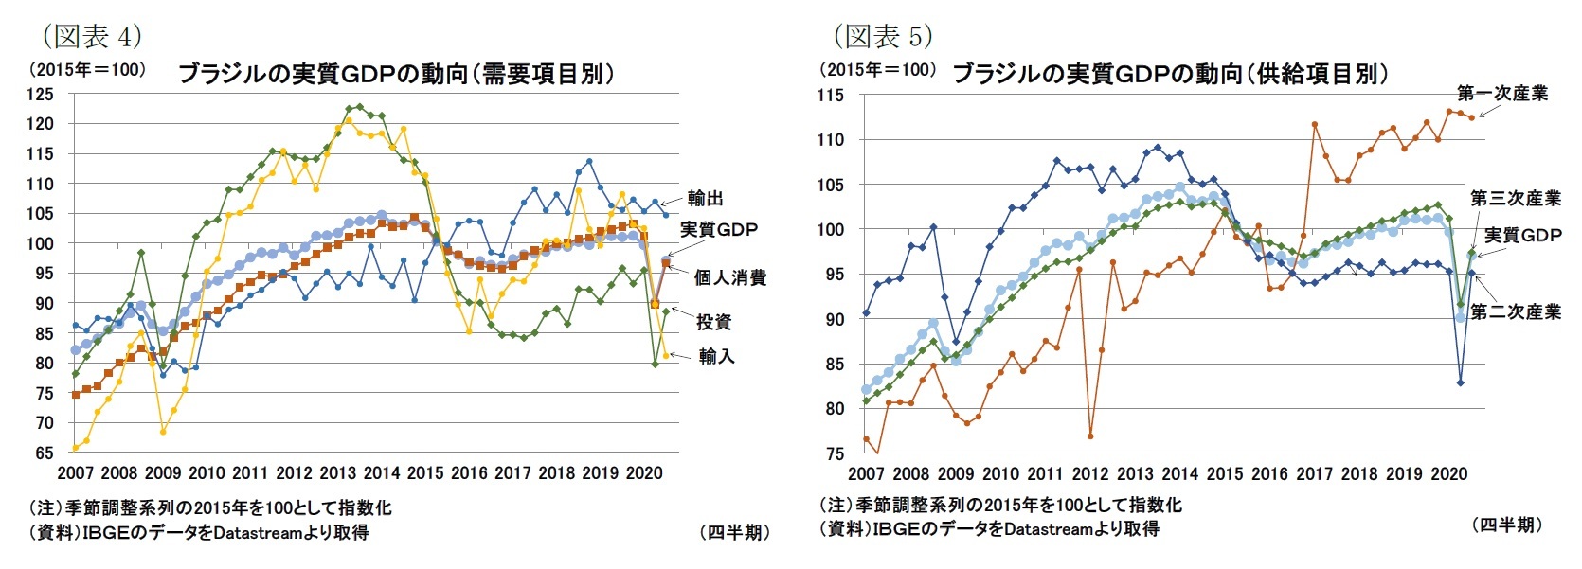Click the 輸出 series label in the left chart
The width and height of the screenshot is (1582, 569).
pos(706,198)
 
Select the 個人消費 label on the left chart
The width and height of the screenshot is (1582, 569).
pos(729,277)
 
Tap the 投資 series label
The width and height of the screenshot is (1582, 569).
pos(713,322)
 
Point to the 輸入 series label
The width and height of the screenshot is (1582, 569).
pos(717,356)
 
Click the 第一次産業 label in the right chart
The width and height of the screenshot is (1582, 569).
pos(1502,93)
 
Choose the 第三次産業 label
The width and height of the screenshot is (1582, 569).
pos(1516,199)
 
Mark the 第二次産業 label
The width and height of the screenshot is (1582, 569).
pos(1516,311)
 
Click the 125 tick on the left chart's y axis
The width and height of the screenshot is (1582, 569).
pos(41,94)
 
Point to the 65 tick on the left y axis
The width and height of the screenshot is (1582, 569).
pos(45,453)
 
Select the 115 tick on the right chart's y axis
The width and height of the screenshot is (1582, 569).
pos(830,95)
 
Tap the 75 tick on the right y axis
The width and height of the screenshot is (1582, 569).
pos(834,453)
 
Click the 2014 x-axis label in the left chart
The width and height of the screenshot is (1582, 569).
pos(382,473)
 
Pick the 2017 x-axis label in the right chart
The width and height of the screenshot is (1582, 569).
pos(1314,474)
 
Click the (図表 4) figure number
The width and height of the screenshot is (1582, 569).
pos(92,36)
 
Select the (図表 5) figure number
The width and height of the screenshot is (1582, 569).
pos(883,36)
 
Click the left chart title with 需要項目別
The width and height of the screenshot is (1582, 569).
pos(396,74)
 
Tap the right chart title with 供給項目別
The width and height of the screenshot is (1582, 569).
pos(1170,74)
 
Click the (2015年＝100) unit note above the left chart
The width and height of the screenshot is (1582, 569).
pos(87,69)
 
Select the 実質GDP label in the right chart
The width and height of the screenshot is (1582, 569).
pos(1522,235)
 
